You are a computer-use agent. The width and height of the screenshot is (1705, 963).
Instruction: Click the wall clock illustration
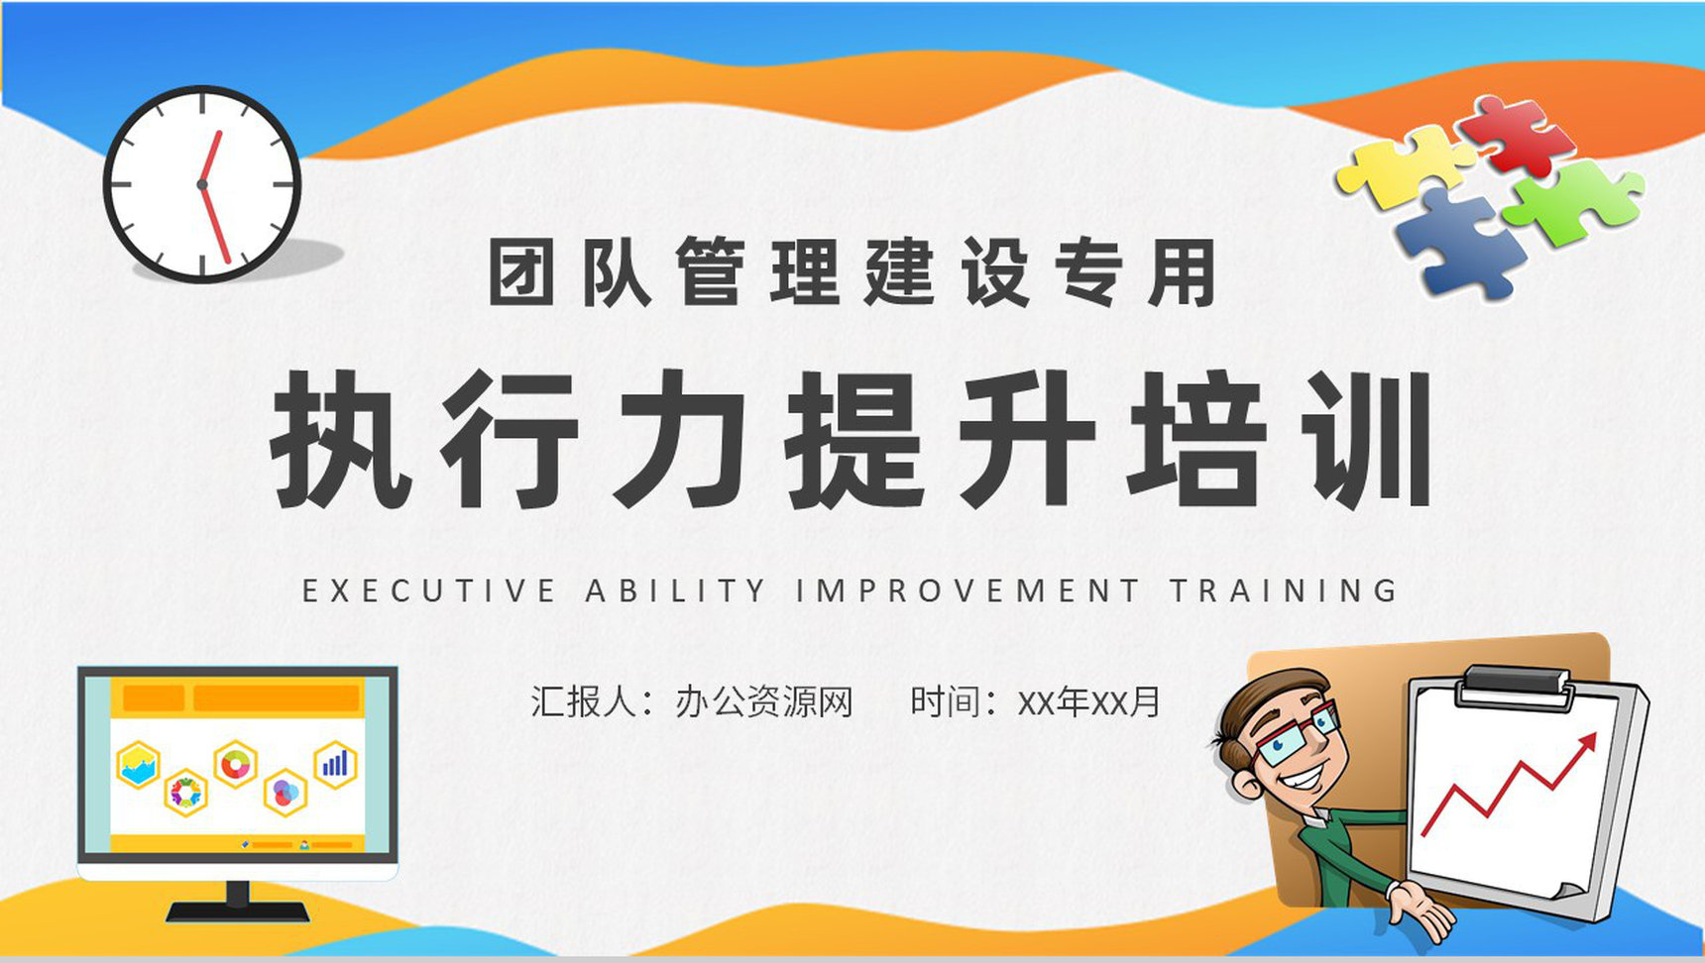click(202, 184)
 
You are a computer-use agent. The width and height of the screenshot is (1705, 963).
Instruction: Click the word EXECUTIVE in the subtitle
click(428, 591)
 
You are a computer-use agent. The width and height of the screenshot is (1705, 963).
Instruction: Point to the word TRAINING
click(1284, 591)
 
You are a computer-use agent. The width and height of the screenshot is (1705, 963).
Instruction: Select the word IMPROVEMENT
click(967, 591)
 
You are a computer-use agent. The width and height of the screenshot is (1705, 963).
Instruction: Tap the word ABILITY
click(676, 591)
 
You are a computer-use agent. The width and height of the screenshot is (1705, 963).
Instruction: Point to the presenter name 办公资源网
click(764, 702)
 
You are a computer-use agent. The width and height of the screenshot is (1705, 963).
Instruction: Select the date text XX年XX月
click(1089, 702)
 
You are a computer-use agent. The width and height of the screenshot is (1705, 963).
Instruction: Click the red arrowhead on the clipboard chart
click(1586, 741)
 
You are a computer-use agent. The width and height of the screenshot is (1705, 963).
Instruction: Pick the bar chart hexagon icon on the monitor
click(335, 764)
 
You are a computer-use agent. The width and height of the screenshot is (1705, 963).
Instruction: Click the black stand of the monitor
click(238, 902)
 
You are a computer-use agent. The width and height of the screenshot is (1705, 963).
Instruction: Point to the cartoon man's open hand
click(1418, 907)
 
